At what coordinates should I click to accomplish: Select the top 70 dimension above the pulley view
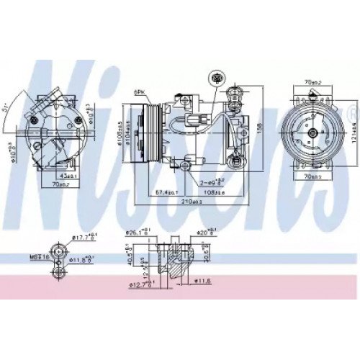point(312,83)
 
